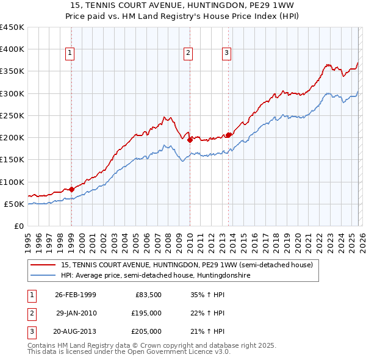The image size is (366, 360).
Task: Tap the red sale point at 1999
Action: (x=71, y=189)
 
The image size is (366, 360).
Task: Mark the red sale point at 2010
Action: (x=190, y=140)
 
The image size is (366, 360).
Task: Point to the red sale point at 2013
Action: (x=229, y=135)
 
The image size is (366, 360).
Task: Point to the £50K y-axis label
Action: (x=15, y=204)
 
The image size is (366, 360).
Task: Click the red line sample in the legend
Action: (x=43, y=265)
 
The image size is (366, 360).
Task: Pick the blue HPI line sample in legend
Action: (x=43, y=275)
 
